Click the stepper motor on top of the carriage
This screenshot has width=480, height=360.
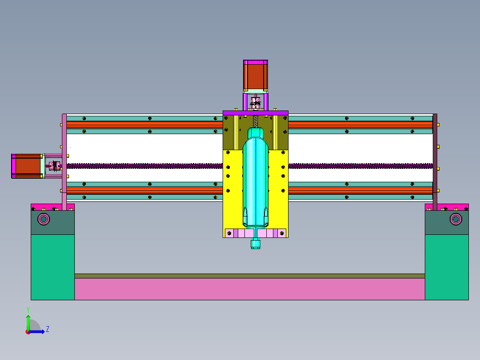(x=255, y=75)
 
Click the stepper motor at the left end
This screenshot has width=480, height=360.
(x=26, y=166)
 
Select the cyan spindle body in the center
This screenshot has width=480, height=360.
(x=255, y=181)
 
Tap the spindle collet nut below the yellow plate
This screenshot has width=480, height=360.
(x=255, y=244)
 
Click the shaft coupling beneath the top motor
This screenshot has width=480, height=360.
(x=255, y=102)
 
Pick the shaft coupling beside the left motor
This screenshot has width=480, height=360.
(x=54, y=166)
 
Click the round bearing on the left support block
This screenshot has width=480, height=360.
(x=44, y=219)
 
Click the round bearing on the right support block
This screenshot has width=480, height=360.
(x=456, y=219)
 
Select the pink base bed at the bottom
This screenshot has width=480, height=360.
(x=249, y=289)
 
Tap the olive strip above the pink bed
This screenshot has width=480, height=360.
(x=249, y=276)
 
